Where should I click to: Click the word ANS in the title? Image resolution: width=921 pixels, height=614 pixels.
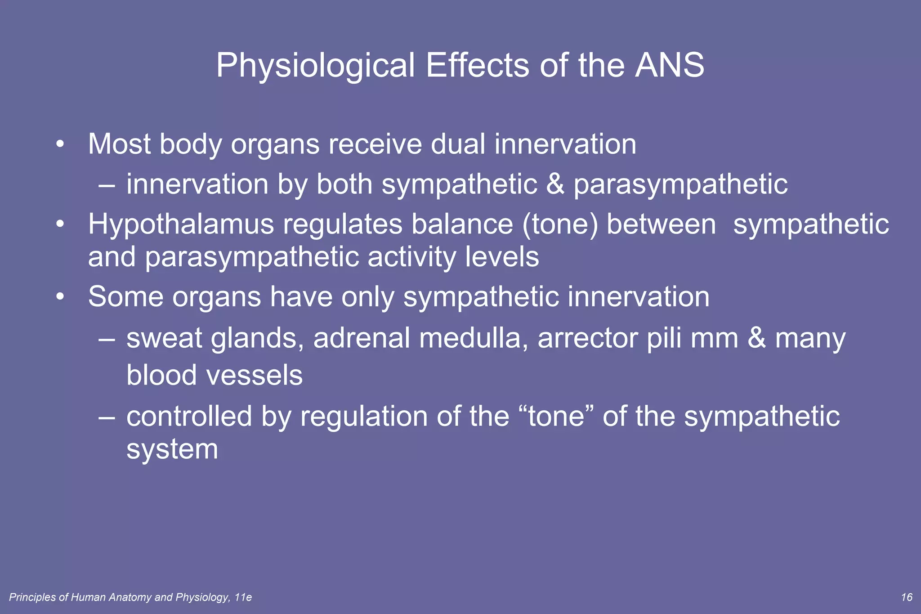coord(670,66)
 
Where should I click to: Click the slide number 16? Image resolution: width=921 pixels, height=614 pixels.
coord(907,597)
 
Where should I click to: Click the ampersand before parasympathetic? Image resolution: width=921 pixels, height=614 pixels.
coord(555,184)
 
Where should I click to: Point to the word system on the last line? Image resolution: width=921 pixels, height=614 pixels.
coord(172,449)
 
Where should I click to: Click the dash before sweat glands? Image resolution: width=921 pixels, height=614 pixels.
coord(107,339)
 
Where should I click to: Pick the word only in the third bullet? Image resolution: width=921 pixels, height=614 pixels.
coord(367,297)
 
